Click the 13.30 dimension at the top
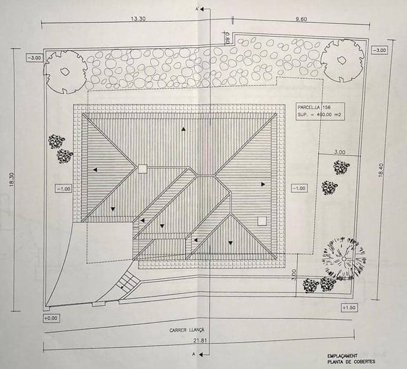point(138,18)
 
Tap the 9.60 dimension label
point(301,19)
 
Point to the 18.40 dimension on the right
point(381,170)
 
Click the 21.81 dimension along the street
point(200,340)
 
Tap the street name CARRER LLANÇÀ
point(187,330)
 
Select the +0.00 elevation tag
point(51,318)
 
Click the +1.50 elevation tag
point(349,308)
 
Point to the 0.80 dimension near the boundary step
point(227,37)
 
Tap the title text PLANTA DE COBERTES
point(351,362)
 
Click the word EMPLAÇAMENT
point(342,356)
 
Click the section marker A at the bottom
point(193,354)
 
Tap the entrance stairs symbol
point(127,281)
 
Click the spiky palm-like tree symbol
point(344,259)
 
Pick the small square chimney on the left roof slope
point(142,169)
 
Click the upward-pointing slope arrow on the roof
point(183,129)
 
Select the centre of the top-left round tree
point(65,72)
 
